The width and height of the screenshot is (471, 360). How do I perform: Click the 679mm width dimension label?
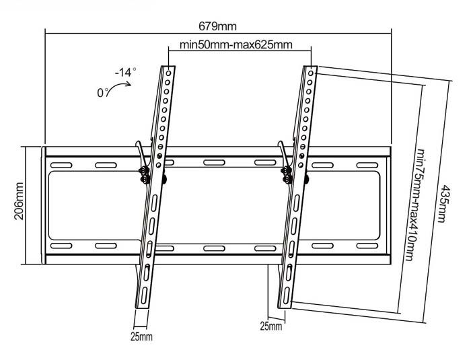[218, 26]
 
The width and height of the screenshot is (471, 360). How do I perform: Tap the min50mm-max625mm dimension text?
[235, 45]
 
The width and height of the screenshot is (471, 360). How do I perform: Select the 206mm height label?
[20, 201]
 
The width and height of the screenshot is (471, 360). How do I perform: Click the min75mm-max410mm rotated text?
[414, 205]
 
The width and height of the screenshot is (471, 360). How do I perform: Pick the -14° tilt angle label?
[126, 72]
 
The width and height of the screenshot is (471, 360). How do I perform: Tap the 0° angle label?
[103, 92]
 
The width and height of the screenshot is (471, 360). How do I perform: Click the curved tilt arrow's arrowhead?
[129, 83]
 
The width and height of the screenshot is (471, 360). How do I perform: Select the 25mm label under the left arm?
[141, 336]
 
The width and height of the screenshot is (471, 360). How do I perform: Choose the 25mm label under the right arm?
[271, 326]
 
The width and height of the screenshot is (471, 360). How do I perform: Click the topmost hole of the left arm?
[168, 73]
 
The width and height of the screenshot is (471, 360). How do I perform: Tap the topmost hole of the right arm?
[311, 73]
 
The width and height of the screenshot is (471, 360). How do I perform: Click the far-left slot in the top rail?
[61, 166]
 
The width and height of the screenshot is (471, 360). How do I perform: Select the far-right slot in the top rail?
[367, 166]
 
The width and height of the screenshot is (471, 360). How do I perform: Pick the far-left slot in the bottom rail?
[61, 246]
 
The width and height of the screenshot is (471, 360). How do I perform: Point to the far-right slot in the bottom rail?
[367, 246]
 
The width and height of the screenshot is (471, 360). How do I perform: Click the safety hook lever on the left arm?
[141, 154]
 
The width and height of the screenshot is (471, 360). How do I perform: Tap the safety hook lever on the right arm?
[283, 154]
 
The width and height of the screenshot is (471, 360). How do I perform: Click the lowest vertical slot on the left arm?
[144, 295]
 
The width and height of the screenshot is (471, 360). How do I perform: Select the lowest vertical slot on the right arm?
[286, 295]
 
